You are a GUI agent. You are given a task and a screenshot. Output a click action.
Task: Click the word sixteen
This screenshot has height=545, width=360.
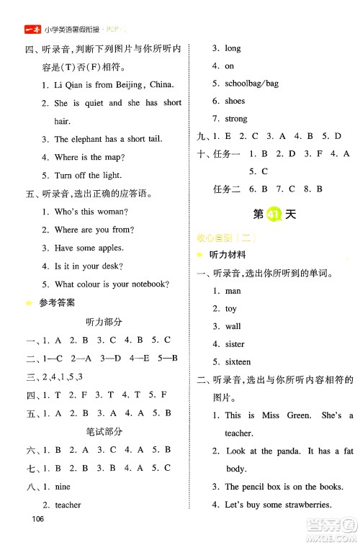pos(238,362)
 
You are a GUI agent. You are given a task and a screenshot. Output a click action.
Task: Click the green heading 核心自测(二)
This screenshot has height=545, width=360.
pos(227,238)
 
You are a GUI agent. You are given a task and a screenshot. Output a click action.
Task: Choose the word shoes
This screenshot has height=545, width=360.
pos(235,102)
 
